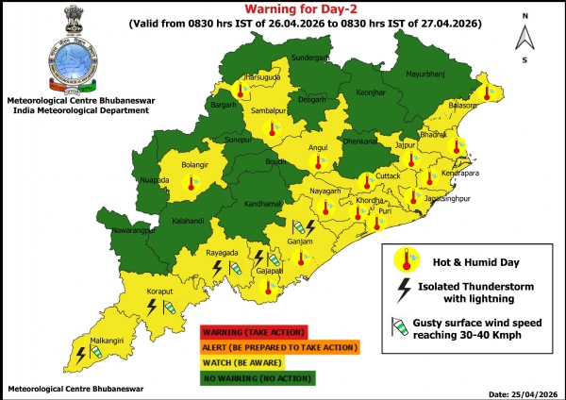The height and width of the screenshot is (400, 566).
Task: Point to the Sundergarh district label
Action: click(310, 58)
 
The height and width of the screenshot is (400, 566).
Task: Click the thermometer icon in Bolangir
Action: click(191, 179)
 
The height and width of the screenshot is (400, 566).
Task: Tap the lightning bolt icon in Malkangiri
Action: click(81, 354)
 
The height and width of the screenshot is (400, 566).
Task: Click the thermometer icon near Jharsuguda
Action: click(241, 91)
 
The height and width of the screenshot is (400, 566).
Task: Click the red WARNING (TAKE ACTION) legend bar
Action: click(253, 332)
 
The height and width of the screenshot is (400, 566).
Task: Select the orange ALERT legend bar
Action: click(278, 347)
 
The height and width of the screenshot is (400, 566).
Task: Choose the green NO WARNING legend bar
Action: click(258, 377)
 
